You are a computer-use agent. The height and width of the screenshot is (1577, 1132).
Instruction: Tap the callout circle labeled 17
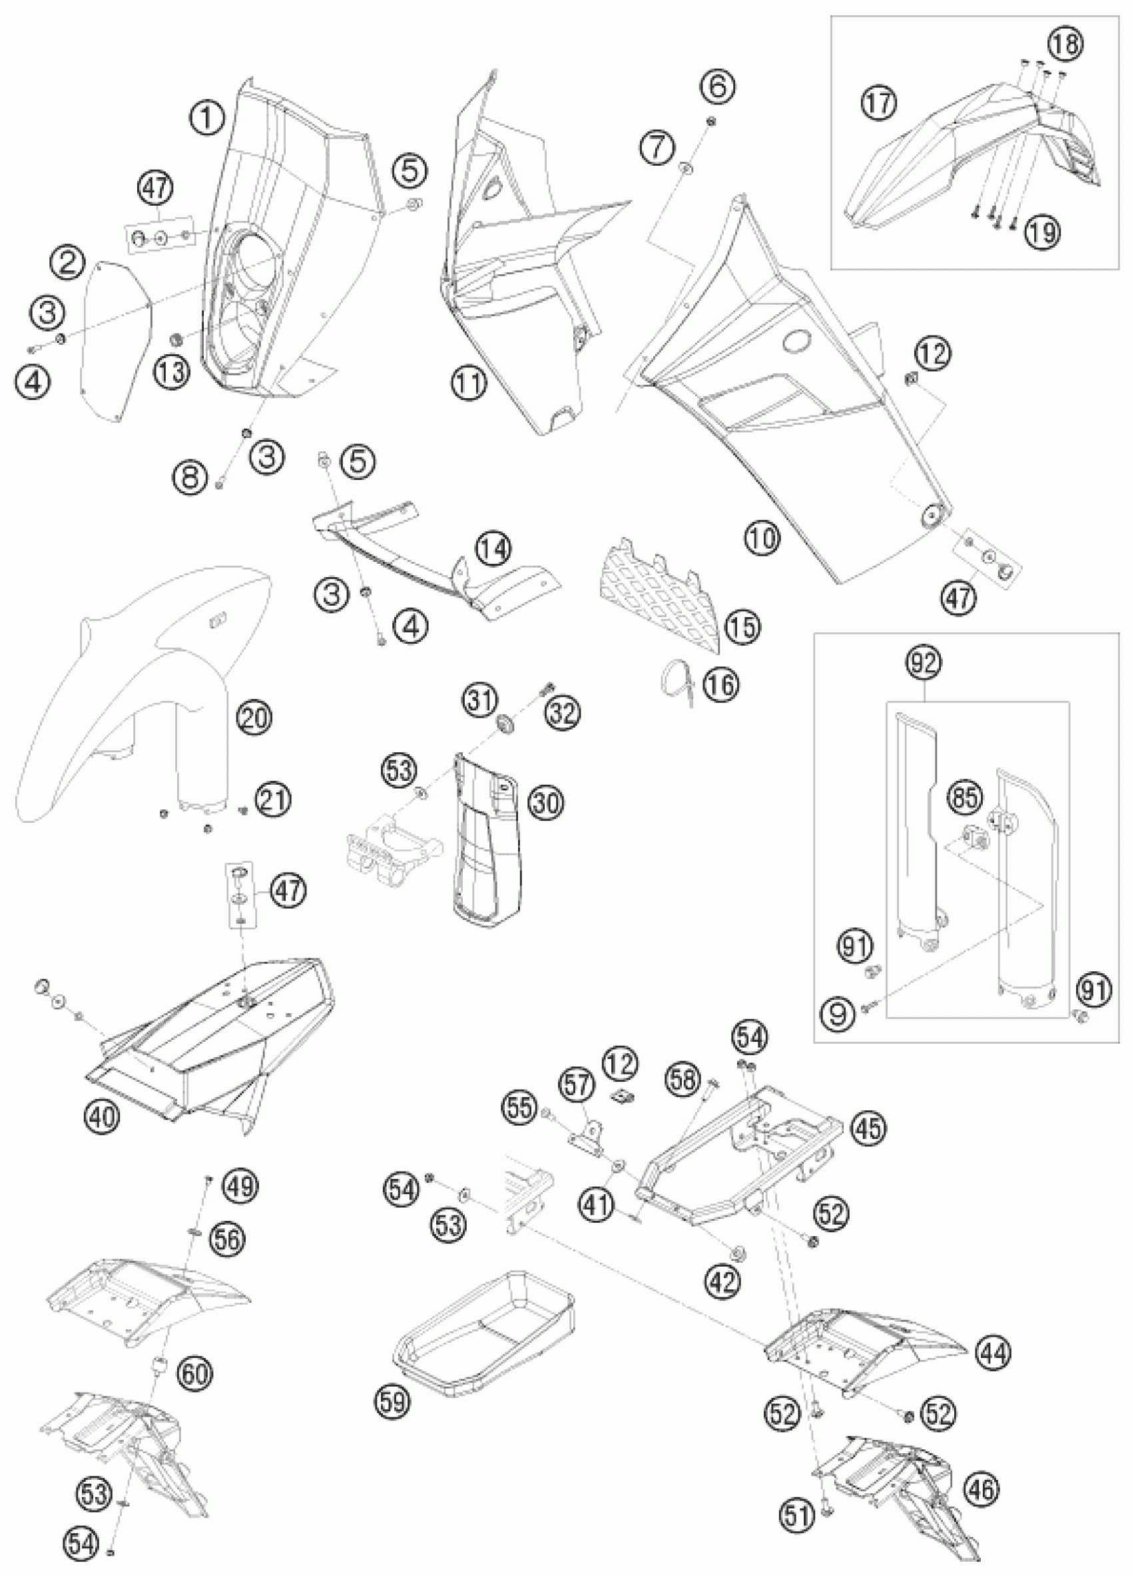tap(879, 104)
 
